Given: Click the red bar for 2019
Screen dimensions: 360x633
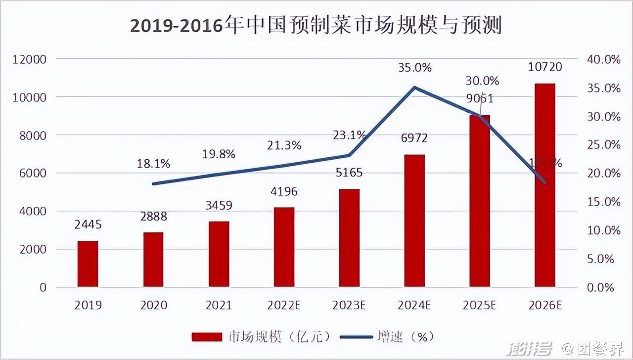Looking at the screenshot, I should click(x=88, y=264).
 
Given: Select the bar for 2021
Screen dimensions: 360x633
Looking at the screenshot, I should click(x=219, y=254).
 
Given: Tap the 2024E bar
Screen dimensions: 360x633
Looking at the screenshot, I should click(x=414, y=221).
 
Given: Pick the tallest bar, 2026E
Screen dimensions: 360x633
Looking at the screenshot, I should click(x=545, y=185).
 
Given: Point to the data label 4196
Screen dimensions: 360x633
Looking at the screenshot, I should click(x=283, y=191).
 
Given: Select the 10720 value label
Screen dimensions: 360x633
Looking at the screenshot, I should click(x=545, y=67).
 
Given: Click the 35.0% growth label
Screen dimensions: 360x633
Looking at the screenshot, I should click(x=414, y=68).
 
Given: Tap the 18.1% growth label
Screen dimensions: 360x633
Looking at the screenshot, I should click(x=153, y=164).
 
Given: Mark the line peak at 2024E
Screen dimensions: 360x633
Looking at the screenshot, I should click(x=414, y=88).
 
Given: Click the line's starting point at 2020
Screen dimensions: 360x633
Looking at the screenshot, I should click(x=153, y=184).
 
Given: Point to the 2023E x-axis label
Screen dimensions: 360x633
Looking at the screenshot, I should click(x=349, y=305).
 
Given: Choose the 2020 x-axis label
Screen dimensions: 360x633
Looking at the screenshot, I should click(x=153, y=305).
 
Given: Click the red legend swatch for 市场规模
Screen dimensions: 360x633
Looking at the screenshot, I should click(x=207, y=337).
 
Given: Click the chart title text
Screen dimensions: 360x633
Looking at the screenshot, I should click(x=316, y=26).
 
